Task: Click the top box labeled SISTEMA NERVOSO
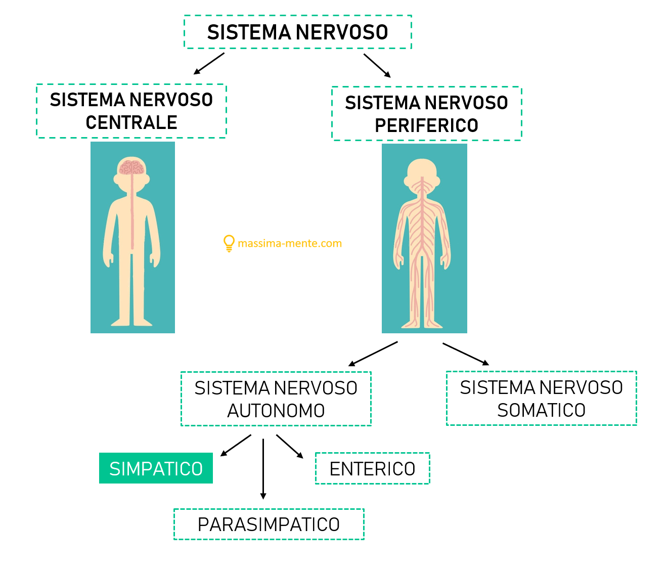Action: click(x=297, y=32)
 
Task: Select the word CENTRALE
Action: click(x=131, y=122)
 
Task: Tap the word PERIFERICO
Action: click(x=426, y=125)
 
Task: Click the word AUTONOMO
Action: click(x=276, y=411)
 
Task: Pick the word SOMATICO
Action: click(x=541, y=410)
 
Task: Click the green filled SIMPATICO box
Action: click(x=156, y=468)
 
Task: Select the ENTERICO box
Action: click(x=372, y=469)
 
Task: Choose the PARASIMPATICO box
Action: click(x=269, y=524)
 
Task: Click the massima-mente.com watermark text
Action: click(x=290, y=243)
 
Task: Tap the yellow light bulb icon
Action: click(x=229, y=243)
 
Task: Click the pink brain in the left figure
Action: click(x=131, y=167)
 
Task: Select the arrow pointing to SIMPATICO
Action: click(x=236, y=446)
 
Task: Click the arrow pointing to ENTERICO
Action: click(x=290, y=446)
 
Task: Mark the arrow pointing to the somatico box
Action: click(x=466, y=354)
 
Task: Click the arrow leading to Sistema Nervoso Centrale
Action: click(x=209, y=64)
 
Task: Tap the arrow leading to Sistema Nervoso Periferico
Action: click(x=377, y=66)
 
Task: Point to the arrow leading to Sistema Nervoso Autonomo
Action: click(x=373, y=354)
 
